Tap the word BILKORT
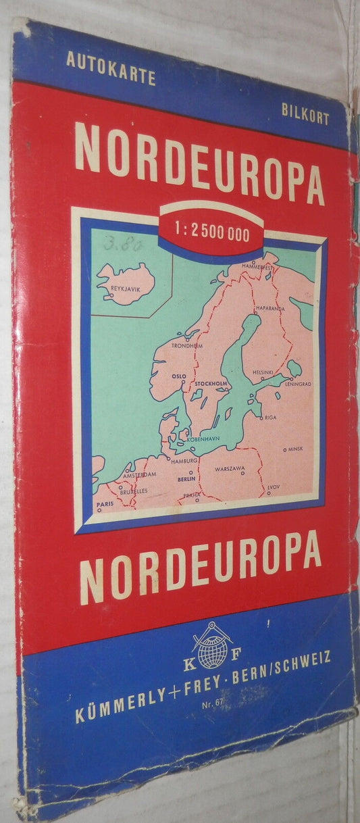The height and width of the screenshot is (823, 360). coord(306,118)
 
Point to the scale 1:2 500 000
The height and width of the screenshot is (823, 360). coord(212,234)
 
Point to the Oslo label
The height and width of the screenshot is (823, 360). coord(178,376)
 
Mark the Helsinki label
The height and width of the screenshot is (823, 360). coord(262,372)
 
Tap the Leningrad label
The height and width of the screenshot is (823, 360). coord(297,383)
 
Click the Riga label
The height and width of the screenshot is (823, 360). coord(271,418)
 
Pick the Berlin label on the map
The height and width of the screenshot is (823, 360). coord(186,478)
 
